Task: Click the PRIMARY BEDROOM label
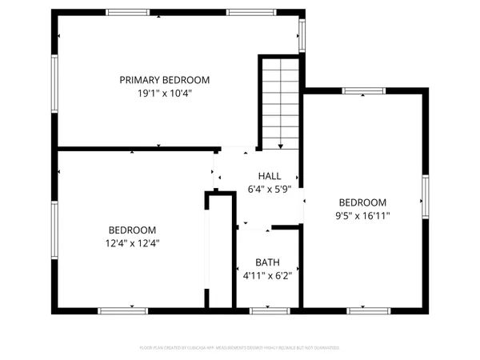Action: (x=164, y=80)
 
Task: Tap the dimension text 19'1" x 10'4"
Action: (x=164, y=93)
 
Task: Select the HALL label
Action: (x=269, y=176)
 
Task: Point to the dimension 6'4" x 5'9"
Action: (x=269, y=190)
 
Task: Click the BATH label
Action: (x=267, y=262)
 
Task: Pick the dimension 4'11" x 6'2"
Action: (x=267, y=276)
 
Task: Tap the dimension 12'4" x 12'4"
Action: (x=133, y=242)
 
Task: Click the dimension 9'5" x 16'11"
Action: (x=362, y=215)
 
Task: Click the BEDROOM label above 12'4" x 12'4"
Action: (x=133, y=230)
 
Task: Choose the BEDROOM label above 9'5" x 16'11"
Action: (x=362, y=202)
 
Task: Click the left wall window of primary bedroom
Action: (x=55, y=81)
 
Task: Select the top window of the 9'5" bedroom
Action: (x=363, y=90)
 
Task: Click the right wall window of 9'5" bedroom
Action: (x=426, y=198)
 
